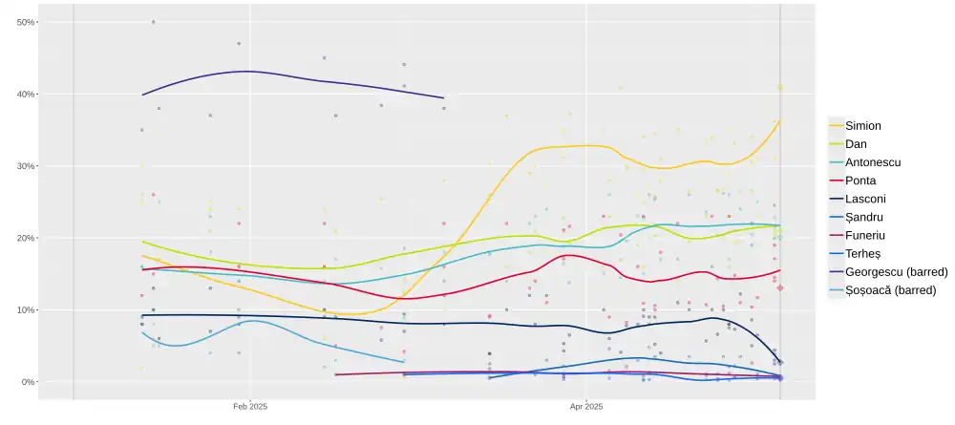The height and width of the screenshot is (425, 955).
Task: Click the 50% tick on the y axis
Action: [26, 22]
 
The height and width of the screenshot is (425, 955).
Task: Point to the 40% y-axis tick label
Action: [26, 94]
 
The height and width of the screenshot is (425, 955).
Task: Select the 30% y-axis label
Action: [26, 166]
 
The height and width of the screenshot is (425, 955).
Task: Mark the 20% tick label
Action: [26, 238]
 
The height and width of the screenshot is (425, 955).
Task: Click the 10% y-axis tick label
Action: [26, 309]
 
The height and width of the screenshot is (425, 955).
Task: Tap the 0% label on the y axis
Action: [28, 382]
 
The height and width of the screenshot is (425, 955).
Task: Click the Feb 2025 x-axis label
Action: [250, 406]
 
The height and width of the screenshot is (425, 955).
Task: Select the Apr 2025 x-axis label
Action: [586, 406]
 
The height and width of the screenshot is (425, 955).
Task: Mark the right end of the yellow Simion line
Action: [780, 120]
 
